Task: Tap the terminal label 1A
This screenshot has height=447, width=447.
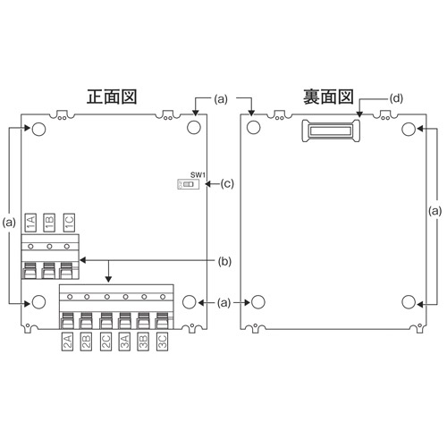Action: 30,222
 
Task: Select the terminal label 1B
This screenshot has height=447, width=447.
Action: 48,222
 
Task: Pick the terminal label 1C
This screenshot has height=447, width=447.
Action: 68,222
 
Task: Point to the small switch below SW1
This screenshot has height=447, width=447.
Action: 188,185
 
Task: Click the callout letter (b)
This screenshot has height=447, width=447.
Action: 227,261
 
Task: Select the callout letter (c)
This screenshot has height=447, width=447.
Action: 227,185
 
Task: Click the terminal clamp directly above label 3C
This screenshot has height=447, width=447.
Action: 162,320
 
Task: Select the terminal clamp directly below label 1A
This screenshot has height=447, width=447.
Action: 30,268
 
